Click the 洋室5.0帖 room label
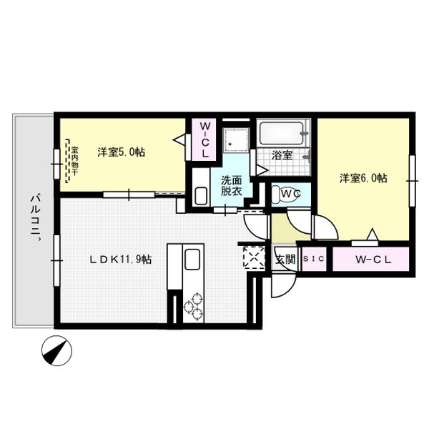[x=121, y=152]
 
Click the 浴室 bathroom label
[x=282, y=154]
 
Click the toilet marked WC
[x=289, y=194]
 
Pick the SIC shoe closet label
[x=313, y=260]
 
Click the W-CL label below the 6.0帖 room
[x=373, y=260]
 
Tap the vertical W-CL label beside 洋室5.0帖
[x=203, y=139]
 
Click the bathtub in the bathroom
[x=283, y=133]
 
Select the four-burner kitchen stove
[x=193, y=305]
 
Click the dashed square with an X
[x=253, y=256]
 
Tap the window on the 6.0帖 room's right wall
[x=412, y=182]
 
